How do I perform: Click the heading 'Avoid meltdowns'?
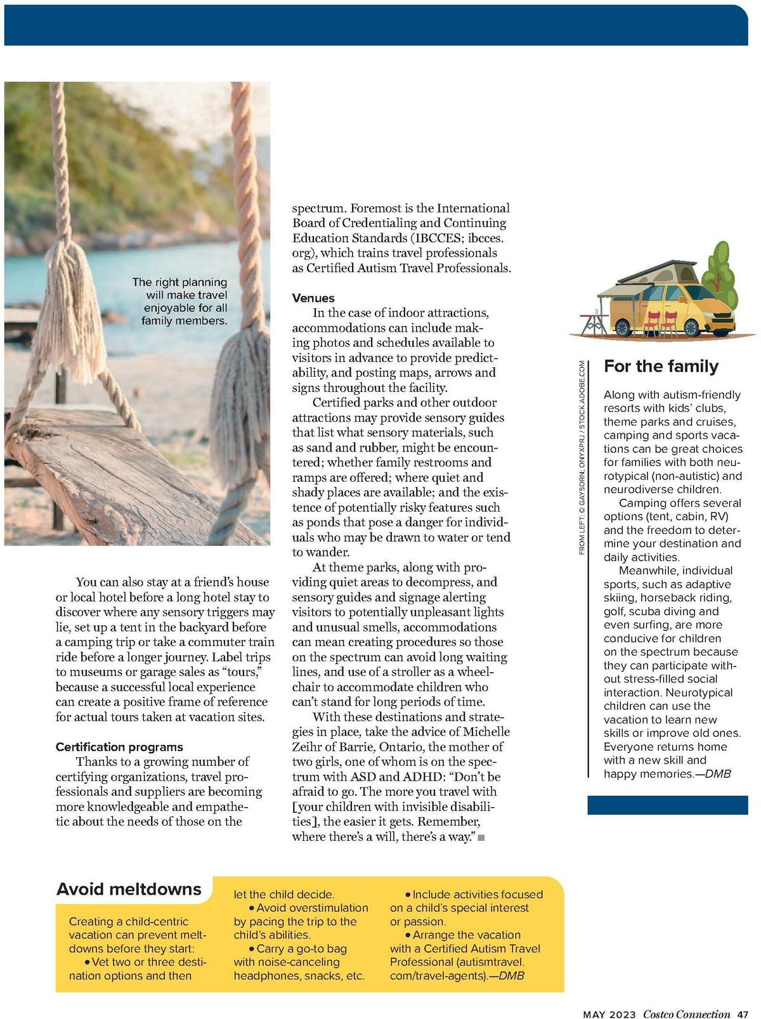click(129, 889)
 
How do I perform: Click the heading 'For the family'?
click(661, 367)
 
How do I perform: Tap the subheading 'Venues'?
click(313, 298)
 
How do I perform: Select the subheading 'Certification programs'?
click(119, 747)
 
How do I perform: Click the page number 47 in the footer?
click(743, 1013)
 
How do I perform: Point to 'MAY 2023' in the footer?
click(609, 1013)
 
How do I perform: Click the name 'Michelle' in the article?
click(486, 732)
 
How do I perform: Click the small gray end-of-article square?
click(481, 838)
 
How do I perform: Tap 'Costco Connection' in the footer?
click(687, 1013)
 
